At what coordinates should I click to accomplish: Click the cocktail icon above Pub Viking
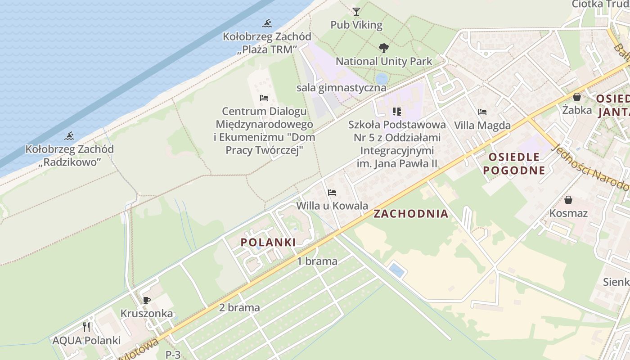(356, 11)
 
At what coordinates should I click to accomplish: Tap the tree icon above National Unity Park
(383, 48)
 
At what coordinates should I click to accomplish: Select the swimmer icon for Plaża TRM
(267, 23)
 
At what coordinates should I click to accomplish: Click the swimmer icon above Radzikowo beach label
(69, 136)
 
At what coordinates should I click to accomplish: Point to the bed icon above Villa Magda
(482, 112)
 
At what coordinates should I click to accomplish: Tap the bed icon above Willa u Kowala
(332, 193)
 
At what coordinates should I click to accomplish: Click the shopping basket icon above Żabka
(577, 97)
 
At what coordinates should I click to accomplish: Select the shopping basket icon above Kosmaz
(568, 200)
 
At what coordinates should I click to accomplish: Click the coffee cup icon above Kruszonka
(146, 300)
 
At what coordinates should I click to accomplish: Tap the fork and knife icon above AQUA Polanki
(86, 327)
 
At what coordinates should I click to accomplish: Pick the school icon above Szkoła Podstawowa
(396, 111)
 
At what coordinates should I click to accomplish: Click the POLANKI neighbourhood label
(268, 243)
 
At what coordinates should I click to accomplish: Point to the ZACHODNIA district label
(411, 214)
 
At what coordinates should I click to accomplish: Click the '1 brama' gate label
(317, 261)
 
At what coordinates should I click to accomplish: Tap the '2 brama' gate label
(239, 308)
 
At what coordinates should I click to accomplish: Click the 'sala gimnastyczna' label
(341, 88)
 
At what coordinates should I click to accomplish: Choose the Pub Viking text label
(356, 25)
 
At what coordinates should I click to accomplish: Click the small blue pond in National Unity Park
(381, 79)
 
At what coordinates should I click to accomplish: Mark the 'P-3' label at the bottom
(173, 355)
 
